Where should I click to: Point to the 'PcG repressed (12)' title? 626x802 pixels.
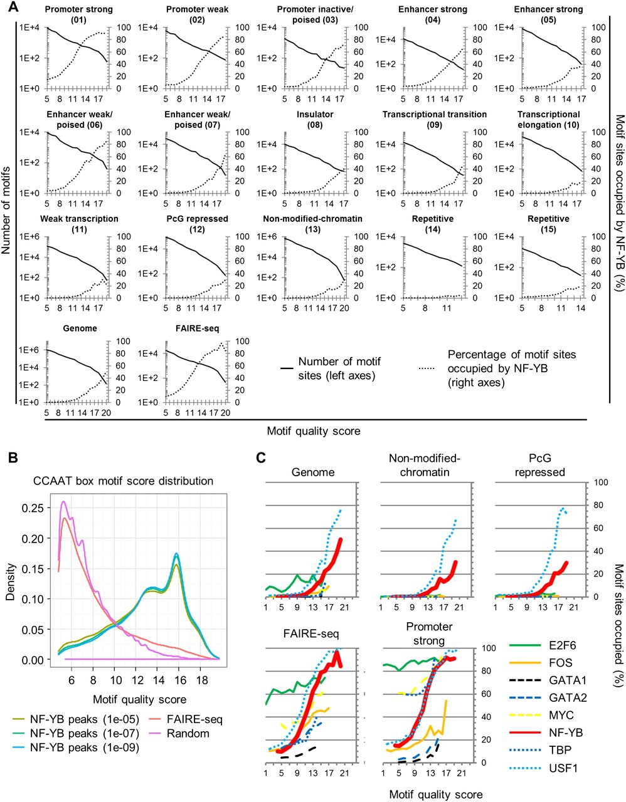point(197,224)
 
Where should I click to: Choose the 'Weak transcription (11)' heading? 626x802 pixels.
point(79,224)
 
